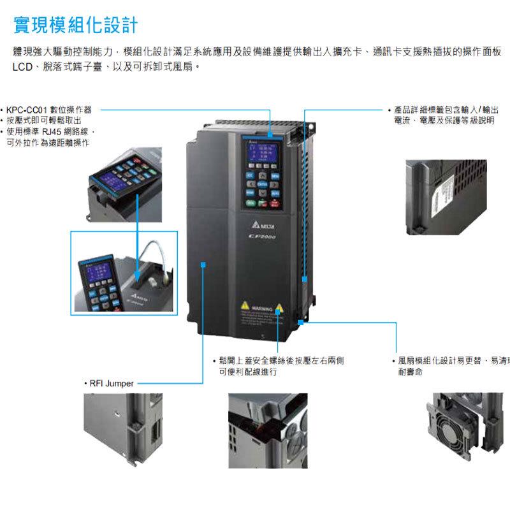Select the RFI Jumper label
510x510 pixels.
(x=108, y=384)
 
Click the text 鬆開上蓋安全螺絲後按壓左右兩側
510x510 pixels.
(x=281, y=361)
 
